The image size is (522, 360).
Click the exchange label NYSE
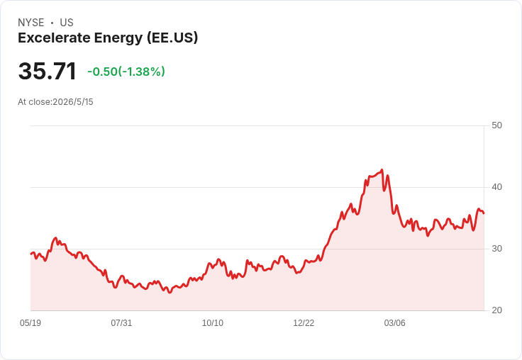[x=31, y=23]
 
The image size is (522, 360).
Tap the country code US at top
[x=67, y=23]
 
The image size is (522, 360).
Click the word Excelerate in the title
[x=53, y=38]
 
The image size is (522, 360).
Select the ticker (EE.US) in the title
[x=172, y=38]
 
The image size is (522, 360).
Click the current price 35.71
[x=48, y=71]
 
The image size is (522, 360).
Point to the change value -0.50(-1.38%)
[x=126, y=72]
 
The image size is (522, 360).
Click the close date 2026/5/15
[x=73, y=102]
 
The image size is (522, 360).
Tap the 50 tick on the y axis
[x=496, y=125]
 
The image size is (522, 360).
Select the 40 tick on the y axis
[x=496, y=187]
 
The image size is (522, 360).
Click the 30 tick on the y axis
[x=496, y=249]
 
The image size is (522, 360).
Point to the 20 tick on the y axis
[x=496, y=310]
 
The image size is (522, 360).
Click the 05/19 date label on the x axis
[x=30, y=323]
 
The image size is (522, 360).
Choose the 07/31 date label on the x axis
[x=121, y=323]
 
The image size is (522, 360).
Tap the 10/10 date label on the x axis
[x=213, y=323]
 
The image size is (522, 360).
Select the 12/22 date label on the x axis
[x=304, y=323]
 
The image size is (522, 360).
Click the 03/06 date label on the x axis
[x=395, y=323]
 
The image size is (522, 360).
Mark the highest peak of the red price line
[x=382, y=169]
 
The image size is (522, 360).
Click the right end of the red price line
[x=484, y=213]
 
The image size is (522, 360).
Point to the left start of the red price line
[x=31, y=254]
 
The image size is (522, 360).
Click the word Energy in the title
[x=118, y=38]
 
